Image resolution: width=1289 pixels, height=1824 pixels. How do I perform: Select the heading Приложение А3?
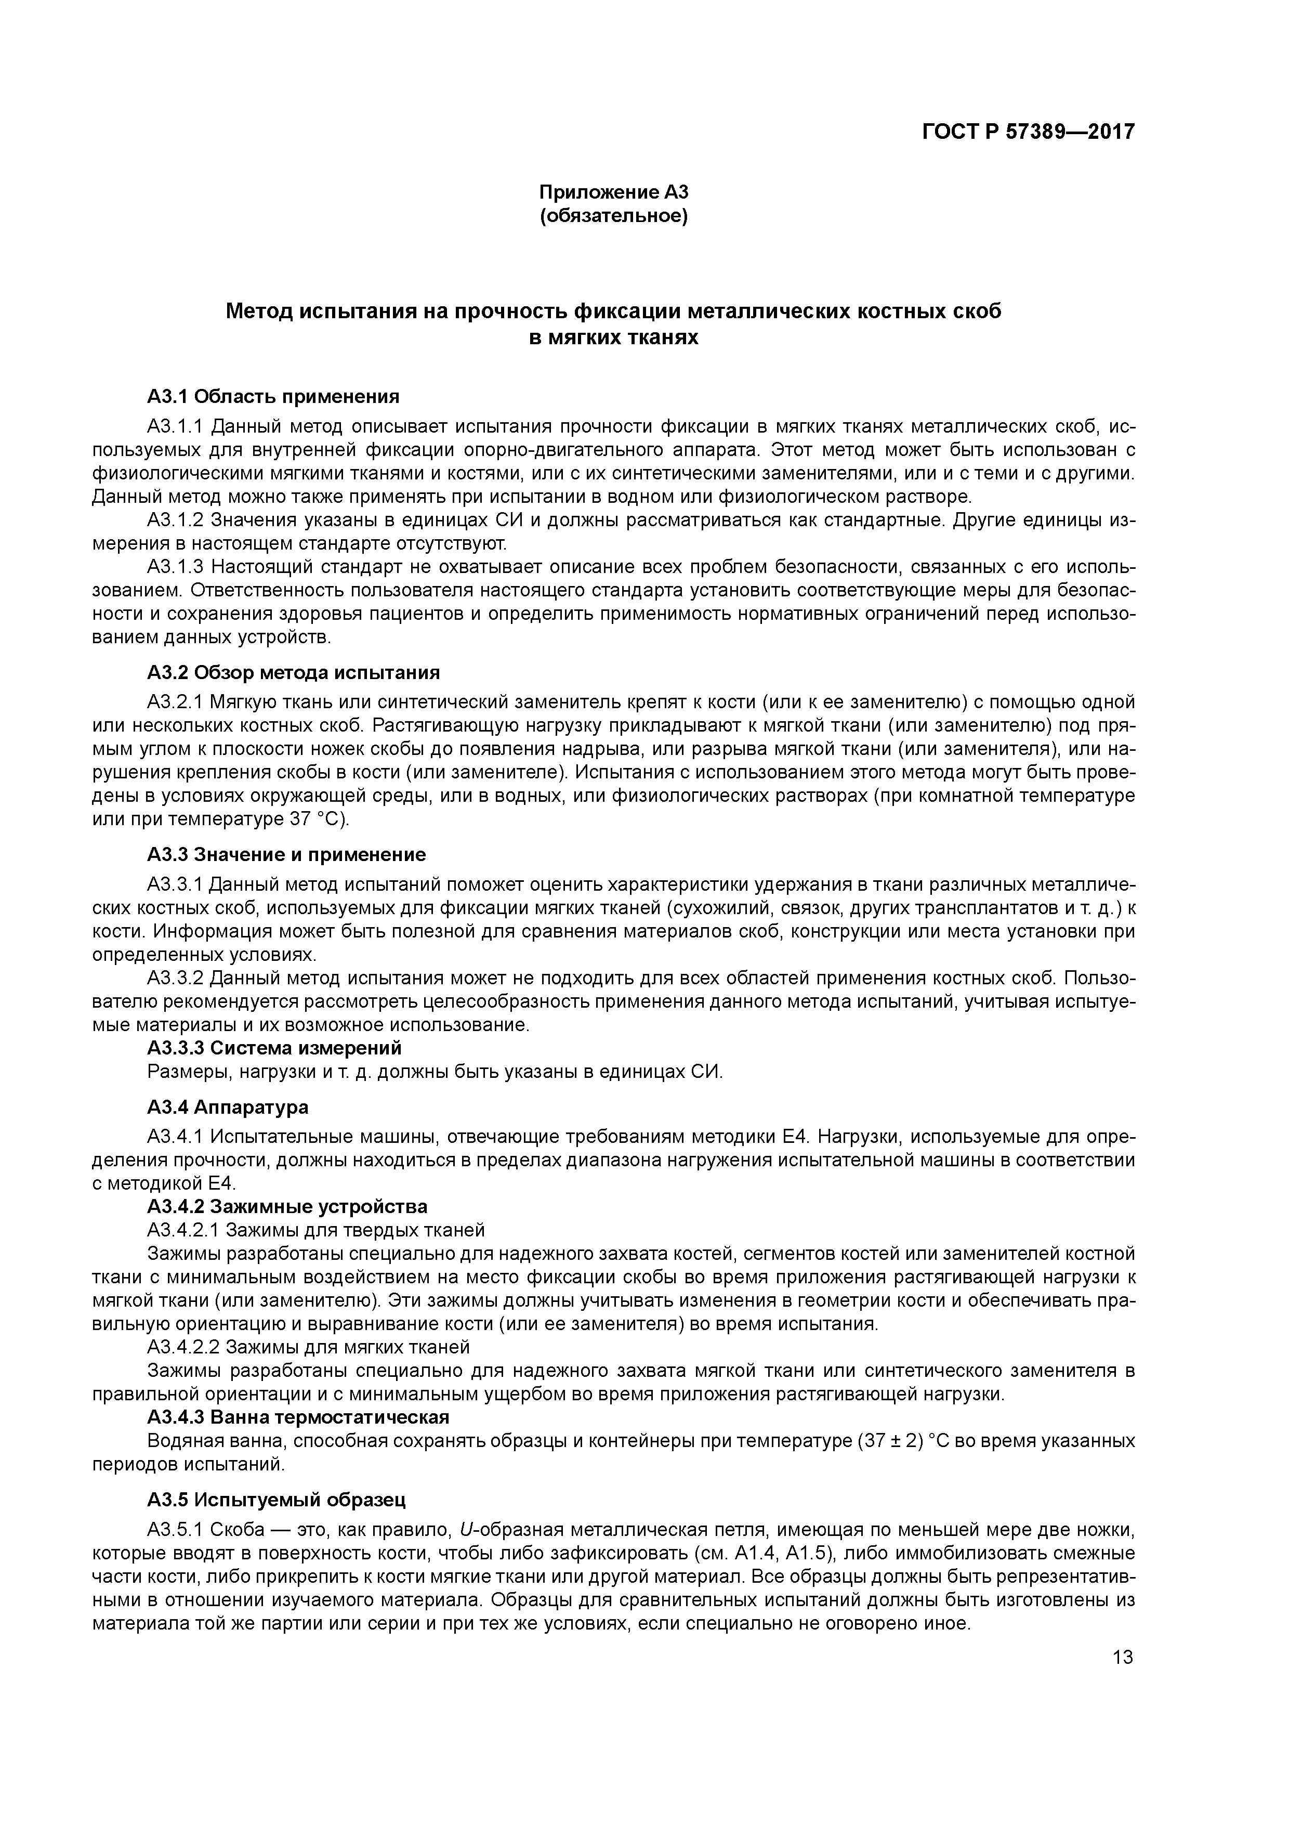(x=613, y=192)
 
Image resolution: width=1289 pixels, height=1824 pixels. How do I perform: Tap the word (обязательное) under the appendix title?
(x=613, y=216)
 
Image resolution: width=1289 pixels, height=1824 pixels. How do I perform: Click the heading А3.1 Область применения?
(x=273, y=396)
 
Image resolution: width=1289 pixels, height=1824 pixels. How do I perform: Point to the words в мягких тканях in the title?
(x=613, y=337)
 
